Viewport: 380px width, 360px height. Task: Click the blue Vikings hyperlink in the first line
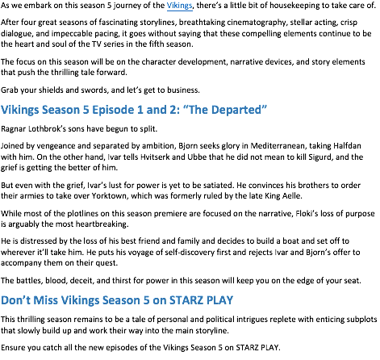[x=180, y=6]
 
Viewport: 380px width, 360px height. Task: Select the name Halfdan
[x=347, y=146]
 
